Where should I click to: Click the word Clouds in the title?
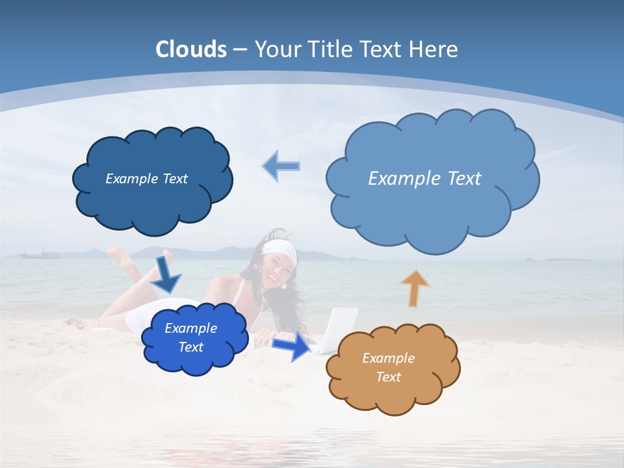(191, 49)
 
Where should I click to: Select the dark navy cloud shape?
(152, 195)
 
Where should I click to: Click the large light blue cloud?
(432, 208)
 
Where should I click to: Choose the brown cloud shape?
(393, 390)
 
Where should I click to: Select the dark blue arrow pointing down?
(166, 273)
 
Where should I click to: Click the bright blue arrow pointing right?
(291, 346)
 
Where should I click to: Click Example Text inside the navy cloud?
(146, 179)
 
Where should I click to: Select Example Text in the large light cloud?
(424, 179)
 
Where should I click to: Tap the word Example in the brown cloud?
(388, 358)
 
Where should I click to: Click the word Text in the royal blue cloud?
(191, 347)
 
